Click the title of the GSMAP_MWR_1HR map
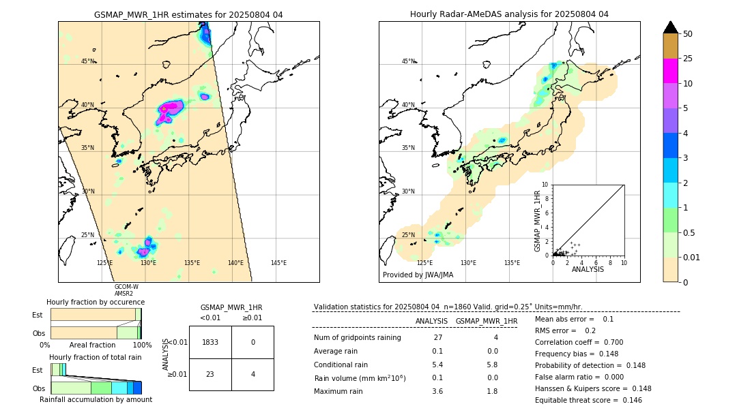click(188, 14)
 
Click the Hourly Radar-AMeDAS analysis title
click(509, 14)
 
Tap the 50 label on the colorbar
click(688, 34)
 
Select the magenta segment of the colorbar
click(670, 71)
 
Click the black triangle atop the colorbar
click(670, 27)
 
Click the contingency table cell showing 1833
click(210, 342)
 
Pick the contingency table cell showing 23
click(210, 373)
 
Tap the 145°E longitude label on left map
click(278, 263)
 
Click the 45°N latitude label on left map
click(88, 61)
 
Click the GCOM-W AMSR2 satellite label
click(126, 290)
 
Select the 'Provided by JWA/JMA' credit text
click(418, 275)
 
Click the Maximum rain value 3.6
click(437, 391)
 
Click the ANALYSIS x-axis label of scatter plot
click(588, 270)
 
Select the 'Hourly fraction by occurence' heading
click(96, 302)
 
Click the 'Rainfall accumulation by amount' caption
click(96, 399)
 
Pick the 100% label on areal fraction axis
click(142, 345)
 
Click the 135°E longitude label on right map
click(512, 263)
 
